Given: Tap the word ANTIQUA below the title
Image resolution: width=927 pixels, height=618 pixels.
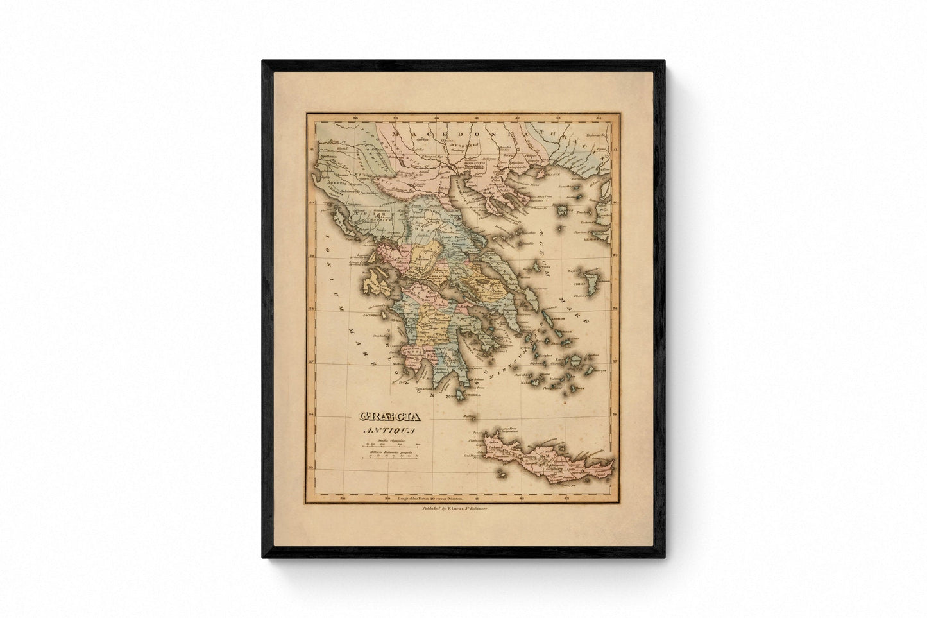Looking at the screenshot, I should click(x=383, y=431).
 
